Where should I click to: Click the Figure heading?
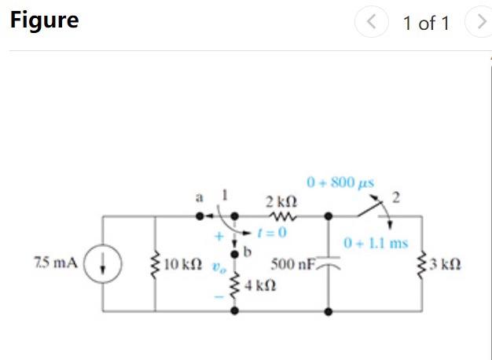(44, 20)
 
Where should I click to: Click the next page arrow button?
(478, 23)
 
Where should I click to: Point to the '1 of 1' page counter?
(425, 23)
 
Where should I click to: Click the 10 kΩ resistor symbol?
(155, 263)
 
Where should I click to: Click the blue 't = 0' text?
(273, 233)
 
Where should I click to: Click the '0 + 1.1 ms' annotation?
(376, 242)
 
